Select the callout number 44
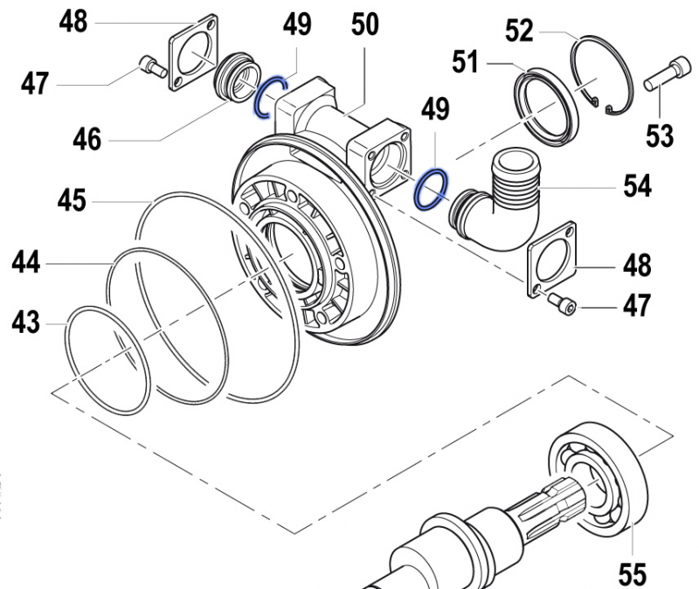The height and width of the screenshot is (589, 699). [x=25, y=260]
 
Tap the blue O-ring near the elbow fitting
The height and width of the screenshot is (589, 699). [x=432, y=190]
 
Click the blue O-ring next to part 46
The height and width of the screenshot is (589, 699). [x=270, y=95]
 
